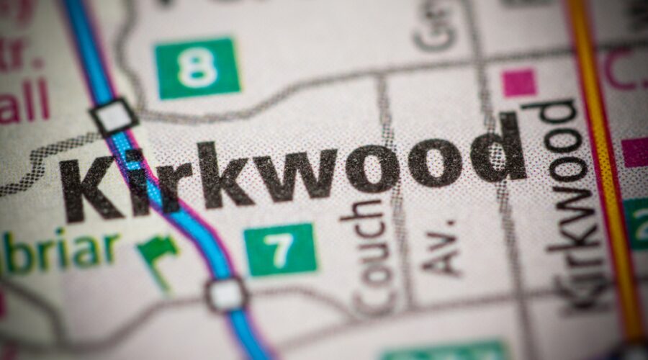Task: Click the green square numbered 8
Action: point(197,68)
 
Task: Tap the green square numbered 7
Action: point(280,249)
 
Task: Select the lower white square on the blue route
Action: point(226,294)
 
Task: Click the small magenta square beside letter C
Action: point(519,83)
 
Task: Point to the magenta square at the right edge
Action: point(635,152)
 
